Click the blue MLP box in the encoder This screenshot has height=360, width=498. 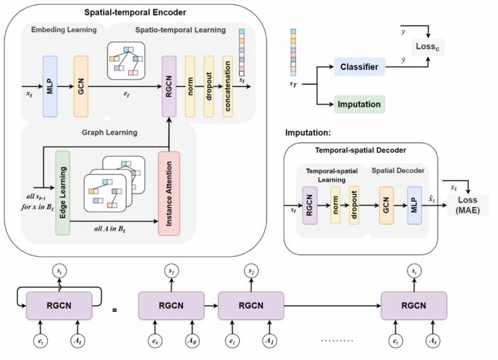(50, 86)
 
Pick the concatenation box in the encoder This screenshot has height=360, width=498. (227, 86)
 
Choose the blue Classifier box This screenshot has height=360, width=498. (359, 68)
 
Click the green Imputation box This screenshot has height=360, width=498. (359, 105)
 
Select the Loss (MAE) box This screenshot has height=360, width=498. (467, 205)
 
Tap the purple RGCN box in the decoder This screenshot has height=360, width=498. (309, 206)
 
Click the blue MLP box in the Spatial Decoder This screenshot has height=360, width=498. (414, 206)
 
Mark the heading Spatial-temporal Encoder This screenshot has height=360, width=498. (135, 12)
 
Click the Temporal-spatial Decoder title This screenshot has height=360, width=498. (360, 151)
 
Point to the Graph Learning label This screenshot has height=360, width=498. (110, 132)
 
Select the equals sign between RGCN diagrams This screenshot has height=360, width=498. (115, 309)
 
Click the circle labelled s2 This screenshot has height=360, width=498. (250, 272)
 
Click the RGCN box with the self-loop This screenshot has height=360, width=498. (59, 306)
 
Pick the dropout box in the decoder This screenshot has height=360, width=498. (354, 206)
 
